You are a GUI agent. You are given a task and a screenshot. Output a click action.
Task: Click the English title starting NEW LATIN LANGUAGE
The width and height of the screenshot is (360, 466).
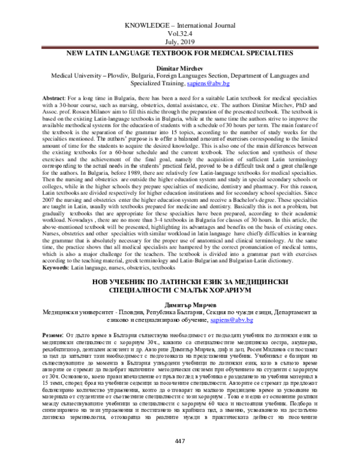coord(180,53)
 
